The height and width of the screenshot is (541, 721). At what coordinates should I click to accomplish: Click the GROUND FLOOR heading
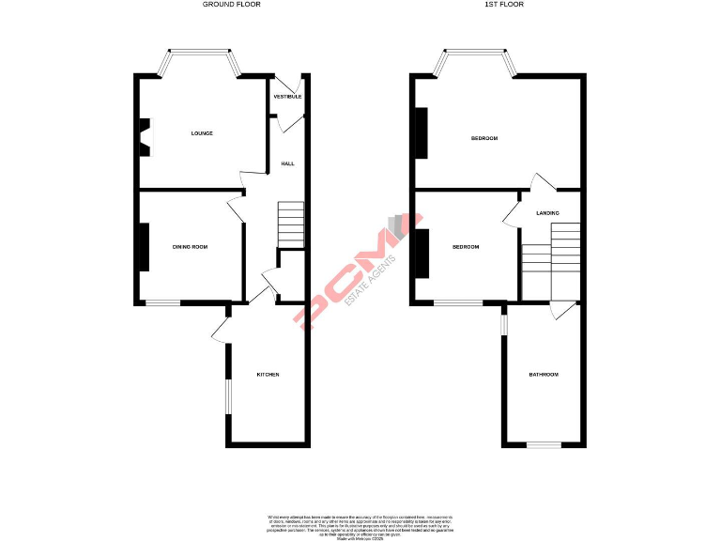(x=232, y=5)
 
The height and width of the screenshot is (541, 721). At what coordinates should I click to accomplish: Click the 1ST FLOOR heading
(x=504, y=5)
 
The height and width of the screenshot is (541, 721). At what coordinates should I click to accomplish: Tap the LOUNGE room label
(x=202, y=133)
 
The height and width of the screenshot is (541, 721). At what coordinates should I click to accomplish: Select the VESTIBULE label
(x=287, y=97)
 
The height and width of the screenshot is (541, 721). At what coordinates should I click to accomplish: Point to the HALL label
(x=287, y=163)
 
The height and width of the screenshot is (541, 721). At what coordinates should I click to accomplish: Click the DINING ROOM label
(x=190, y=247)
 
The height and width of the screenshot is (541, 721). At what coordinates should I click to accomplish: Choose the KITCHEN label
(x=268, y=375)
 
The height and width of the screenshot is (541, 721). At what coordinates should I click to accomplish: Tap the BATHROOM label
(x=543, y=375)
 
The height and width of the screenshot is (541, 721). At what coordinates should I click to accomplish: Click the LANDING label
(x=547, y=213)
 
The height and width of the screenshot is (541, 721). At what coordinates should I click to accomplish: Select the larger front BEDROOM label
(x=484, y=138)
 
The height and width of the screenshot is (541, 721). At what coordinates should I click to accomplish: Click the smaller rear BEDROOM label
(x=466, y=247)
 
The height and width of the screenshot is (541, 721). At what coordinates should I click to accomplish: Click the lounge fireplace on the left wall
(x=146, y=133)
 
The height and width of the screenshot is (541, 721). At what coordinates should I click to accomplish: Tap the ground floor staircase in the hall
(x=292, y=224)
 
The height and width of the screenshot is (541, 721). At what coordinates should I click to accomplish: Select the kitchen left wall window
(x=227, y=394)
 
